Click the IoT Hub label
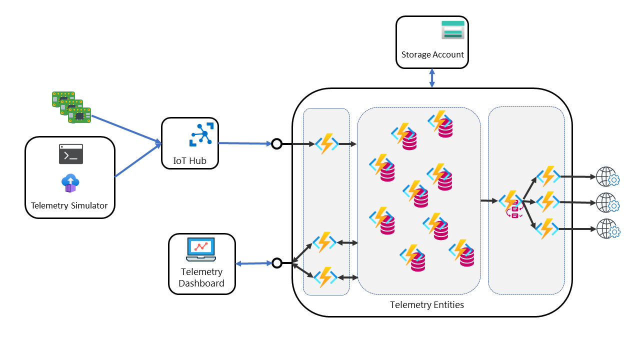coord(189,161)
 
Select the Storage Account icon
coord(453,29)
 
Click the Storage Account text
coord(432,54)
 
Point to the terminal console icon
coord(71,154)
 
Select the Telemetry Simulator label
coord(69,205)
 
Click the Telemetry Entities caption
coord(427,304)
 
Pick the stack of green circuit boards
coord(71,107)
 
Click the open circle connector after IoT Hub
coord(276,144)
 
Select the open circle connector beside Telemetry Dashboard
coord(276,262)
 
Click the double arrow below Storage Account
coord(432,78)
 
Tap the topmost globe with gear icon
coord(607,177)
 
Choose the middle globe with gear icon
coord(607,202)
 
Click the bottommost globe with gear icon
coord(607,229)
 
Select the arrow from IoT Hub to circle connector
coord(245,143)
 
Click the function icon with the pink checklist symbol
coord(512,204)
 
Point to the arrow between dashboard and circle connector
coord(253,263)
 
